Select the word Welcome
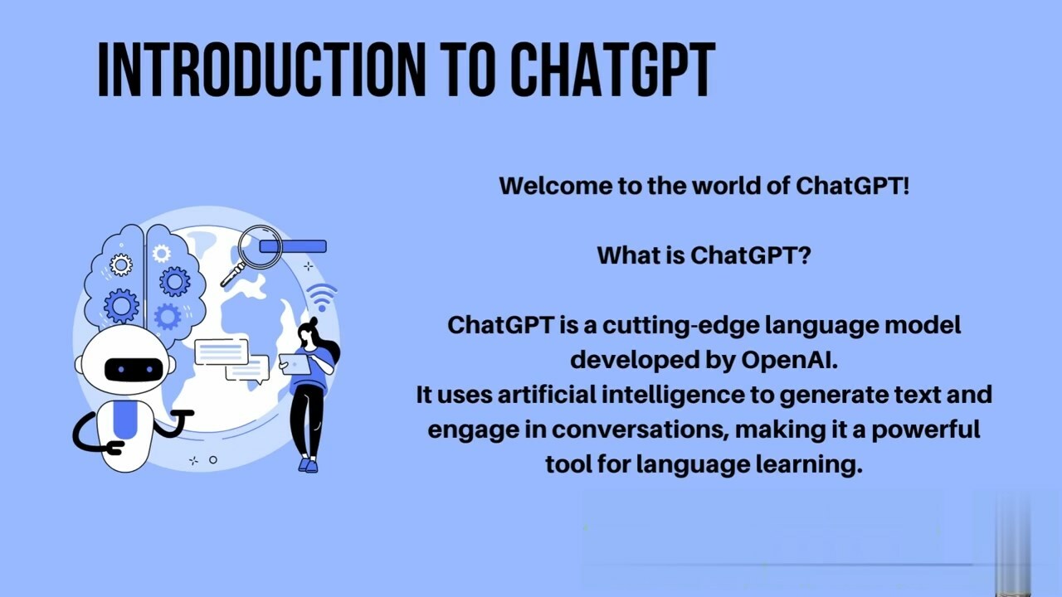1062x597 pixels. pyautogui.click(x=555, y=185)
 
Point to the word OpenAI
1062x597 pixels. pyautogui.click(x=789, y=360)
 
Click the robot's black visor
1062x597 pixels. pyautogui.click(x=134, y=370)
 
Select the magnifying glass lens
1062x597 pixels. pyautogui.click(x=260, y=247)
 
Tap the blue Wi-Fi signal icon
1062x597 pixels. pyautogui.click(x=322, y=297)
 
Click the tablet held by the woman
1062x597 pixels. pyautogui.click(x=295, y=365)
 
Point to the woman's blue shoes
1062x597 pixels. pyautogui.click(x=308, y=464)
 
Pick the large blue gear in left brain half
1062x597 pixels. pyautogui.click(x=121, y=306)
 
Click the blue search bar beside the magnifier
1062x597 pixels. pyautogui.click(x=293, y=246)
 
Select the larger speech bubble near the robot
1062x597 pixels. pyautogui.click(x=222, y=352)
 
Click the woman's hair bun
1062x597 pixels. pyautogui.click(x=313, y=321)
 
